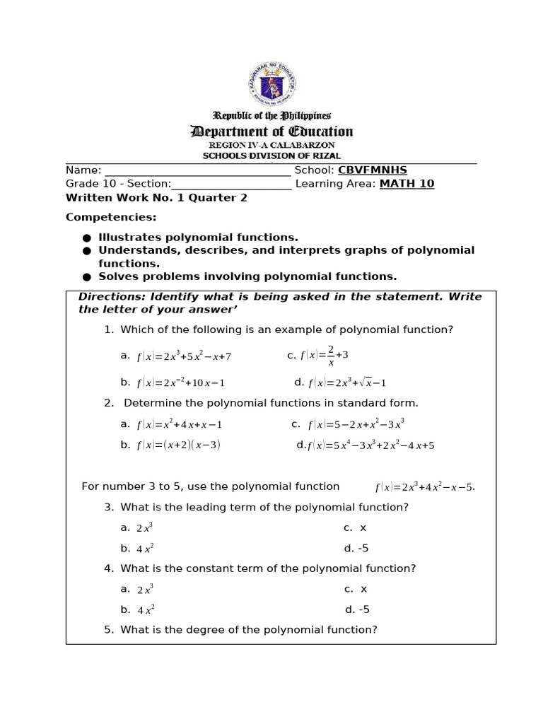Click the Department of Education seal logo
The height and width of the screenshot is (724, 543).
(271, 85)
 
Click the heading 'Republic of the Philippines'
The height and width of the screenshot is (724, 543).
(271, 115)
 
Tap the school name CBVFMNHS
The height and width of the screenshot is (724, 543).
(373, 170)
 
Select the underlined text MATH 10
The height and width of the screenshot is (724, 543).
(407, 184)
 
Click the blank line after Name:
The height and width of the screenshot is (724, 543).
(197, 170)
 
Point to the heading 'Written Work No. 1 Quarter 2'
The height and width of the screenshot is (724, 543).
(156, 198)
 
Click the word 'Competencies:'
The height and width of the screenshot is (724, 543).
(111, 217)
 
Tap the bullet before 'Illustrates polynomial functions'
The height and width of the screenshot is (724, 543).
(86, 238)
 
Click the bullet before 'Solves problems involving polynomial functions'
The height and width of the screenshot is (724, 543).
(86, 277)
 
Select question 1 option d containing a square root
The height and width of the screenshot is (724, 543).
(346, 383)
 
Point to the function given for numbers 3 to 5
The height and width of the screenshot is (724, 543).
(424, 487)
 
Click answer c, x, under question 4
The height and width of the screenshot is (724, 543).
(356, 589)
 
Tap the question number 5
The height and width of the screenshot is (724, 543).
(109, 629)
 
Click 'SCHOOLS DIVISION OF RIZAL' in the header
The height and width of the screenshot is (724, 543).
(271, 156)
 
